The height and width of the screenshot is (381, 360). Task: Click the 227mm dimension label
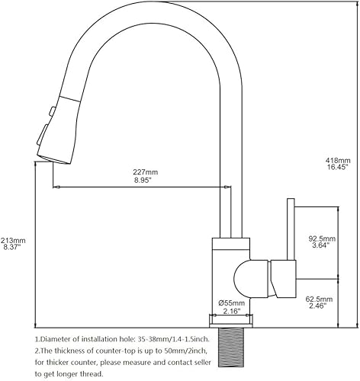146,171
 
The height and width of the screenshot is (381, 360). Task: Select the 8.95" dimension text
146,181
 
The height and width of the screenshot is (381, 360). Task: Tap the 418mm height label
338,161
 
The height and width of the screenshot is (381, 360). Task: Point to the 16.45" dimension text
338,168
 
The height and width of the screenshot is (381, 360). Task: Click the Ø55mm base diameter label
231,304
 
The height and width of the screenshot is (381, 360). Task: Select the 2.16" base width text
231,312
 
